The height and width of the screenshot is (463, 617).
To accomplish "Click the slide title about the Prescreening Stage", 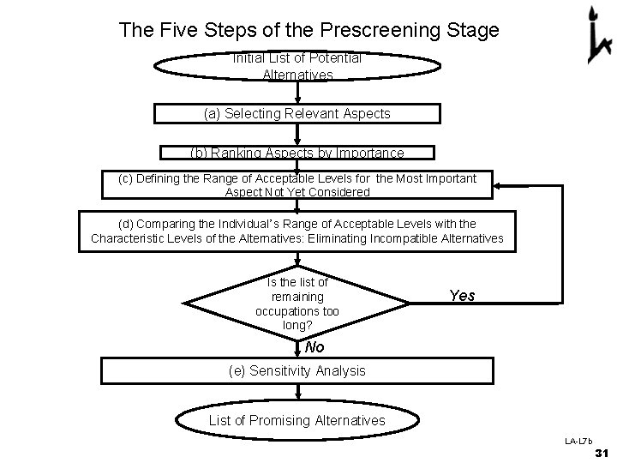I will [308, 31].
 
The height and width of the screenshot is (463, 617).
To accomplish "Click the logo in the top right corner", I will [593, 35].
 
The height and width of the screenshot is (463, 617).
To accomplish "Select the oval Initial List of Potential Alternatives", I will [297, 67].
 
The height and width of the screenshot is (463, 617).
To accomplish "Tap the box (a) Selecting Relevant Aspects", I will [297, 113].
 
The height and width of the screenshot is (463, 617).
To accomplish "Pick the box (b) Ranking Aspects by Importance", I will [297, 153].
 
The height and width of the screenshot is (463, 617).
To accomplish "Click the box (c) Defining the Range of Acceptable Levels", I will [297, 185].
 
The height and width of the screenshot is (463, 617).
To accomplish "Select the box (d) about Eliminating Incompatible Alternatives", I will [297, 231].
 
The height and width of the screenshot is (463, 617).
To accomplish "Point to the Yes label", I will [462, 296].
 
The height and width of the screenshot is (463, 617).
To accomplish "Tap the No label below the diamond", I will [314, 347].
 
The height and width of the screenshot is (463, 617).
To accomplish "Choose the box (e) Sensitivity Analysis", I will [297, 370].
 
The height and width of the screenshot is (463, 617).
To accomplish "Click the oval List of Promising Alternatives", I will [297, 420].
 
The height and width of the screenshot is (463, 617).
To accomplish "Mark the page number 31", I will [601, 453].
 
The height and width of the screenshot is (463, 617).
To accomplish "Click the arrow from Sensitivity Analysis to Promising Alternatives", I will [297, 392].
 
